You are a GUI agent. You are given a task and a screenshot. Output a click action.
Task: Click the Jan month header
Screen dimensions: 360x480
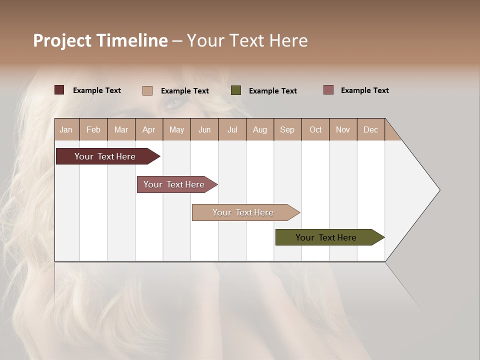coord(66,129)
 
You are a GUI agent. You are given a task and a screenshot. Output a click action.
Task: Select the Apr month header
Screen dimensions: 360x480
coord(148,129)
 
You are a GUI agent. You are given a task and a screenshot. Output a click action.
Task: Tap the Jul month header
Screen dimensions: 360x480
coord(232,129)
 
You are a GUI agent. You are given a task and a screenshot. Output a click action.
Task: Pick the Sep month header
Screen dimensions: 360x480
coord(287,129)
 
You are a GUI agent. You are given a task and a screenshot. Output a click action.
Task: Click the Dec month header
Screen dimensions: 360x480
coord(370,129)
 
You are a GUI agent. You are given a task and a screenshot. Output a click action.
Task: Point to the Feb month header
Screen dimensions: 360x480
coord(93,129)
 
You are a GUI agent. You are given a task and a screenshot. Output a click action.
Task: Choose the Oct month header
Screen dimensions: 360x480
coord(315,129)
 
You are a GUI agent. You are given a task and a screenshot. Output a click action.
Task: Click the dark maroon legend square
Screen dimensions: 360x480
coord(59,90)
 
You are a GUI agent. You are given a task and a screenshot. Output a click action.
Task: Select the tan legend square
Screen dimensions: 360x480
coord(147,90)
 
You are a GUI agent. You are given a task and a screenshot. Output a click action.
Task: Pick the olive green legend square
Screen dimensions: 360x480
coord(236,90)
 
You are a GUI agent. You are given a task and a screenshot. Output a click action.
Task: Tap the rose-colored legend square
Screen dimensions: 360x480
coord(328,90)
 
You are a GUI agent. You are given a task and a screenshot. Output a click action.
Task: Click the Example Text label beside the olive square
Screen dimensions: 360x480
coord(272,91)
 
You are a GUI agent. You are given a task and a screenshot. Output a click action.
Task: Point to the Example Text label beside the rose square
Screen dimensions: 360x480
coord(364,90)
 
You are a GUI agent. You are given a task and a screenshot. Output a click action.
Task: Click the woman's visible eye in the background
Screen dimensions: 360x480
coord(173,103)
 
